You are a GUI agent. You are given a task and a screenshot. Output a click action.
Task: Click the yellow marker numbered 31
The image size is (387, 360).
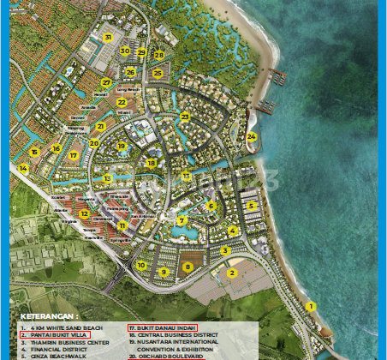108,37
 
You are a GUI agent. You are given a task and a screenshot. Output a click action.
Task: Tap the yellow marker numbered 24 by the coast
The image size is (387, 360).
251,136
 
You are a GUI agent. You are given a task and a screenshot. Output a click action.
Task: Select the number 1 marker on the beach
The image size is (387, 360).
311,306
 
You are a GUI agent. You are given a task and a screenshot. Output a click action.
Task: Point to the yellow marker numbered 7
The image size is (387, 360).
182,220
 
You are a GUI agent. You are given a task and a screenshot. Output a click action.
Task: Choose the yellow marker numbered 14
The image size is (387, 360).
23,169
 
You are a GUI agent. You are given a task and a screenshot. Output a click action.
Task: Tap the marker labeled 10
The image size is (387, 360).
140,266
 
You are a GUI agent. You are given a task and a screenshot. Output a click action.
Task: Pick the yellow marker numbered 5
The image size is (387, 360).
251,206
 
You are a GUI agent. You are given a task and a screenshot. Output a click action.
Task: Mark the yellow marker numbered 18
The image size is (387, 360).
151,163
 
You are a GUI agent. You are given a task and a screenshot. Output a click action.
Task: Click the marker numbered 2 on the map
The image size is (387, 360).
231,273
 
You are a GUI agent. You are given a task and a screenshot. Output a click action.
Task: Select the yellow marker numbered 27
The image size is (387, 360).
106,83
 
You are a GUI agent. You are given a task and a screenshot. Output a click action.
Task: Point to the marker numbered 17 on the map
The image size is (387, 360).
74,156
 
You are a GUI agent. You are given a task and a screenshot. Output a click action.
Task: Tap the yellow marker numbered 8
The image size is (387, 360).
188,267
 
